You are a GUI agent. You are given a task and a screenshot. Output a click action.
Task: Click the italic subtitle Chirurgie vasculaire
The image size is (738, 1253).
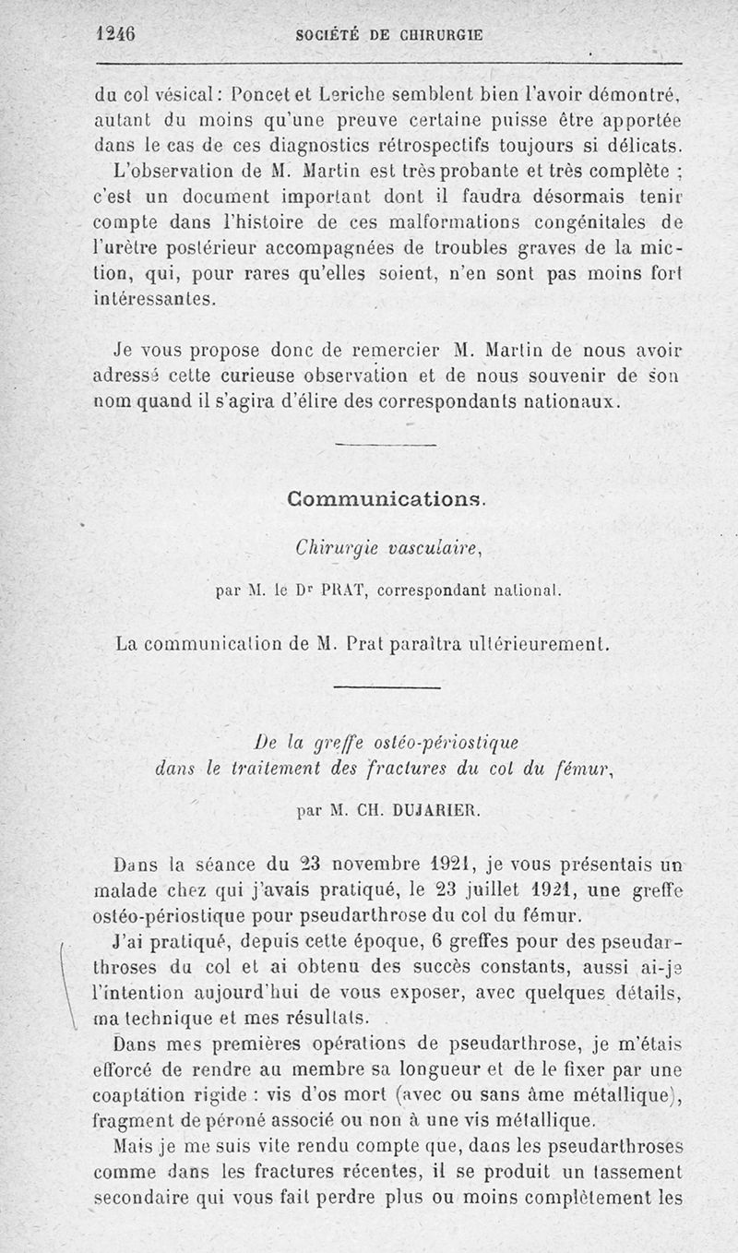click(386, 548)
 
